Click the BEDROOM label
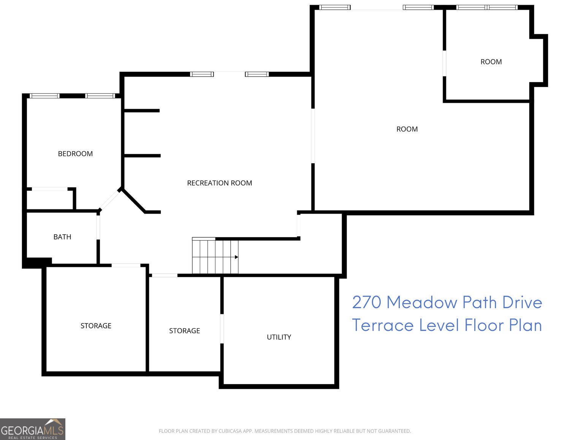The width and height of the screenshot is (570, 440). [75, 154]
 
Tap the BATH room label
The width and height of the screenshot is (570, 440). [62, 237]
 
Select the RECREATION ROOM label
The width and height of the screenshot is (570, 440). [219, 183]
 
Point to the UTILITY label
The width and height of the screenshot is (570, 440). [279, 337]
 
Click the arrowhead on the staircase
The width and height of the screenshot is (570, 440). [236, 257]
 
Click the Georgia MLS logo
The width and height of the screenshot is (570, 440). [33, 429]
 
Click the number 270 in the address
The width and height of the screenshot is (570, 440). [366, 303]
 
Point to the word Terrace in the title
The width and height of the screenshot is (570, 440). [383, 325]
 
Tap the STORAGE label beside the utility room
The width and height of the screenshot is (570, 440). [184, 331]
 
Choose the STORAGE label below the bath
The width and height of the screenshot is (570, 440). [96, 326]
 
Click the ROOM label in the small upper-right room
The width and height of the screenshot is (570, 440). [491, 62]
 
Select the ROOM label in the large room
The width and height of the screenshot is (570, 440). [407, 129]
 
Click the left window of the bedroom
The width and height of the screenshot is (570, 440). [44, 96]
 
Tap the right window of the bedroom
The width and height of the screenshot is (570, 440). [100, 96]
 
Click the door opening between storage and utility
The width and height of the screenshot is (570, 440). [222, 329]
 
